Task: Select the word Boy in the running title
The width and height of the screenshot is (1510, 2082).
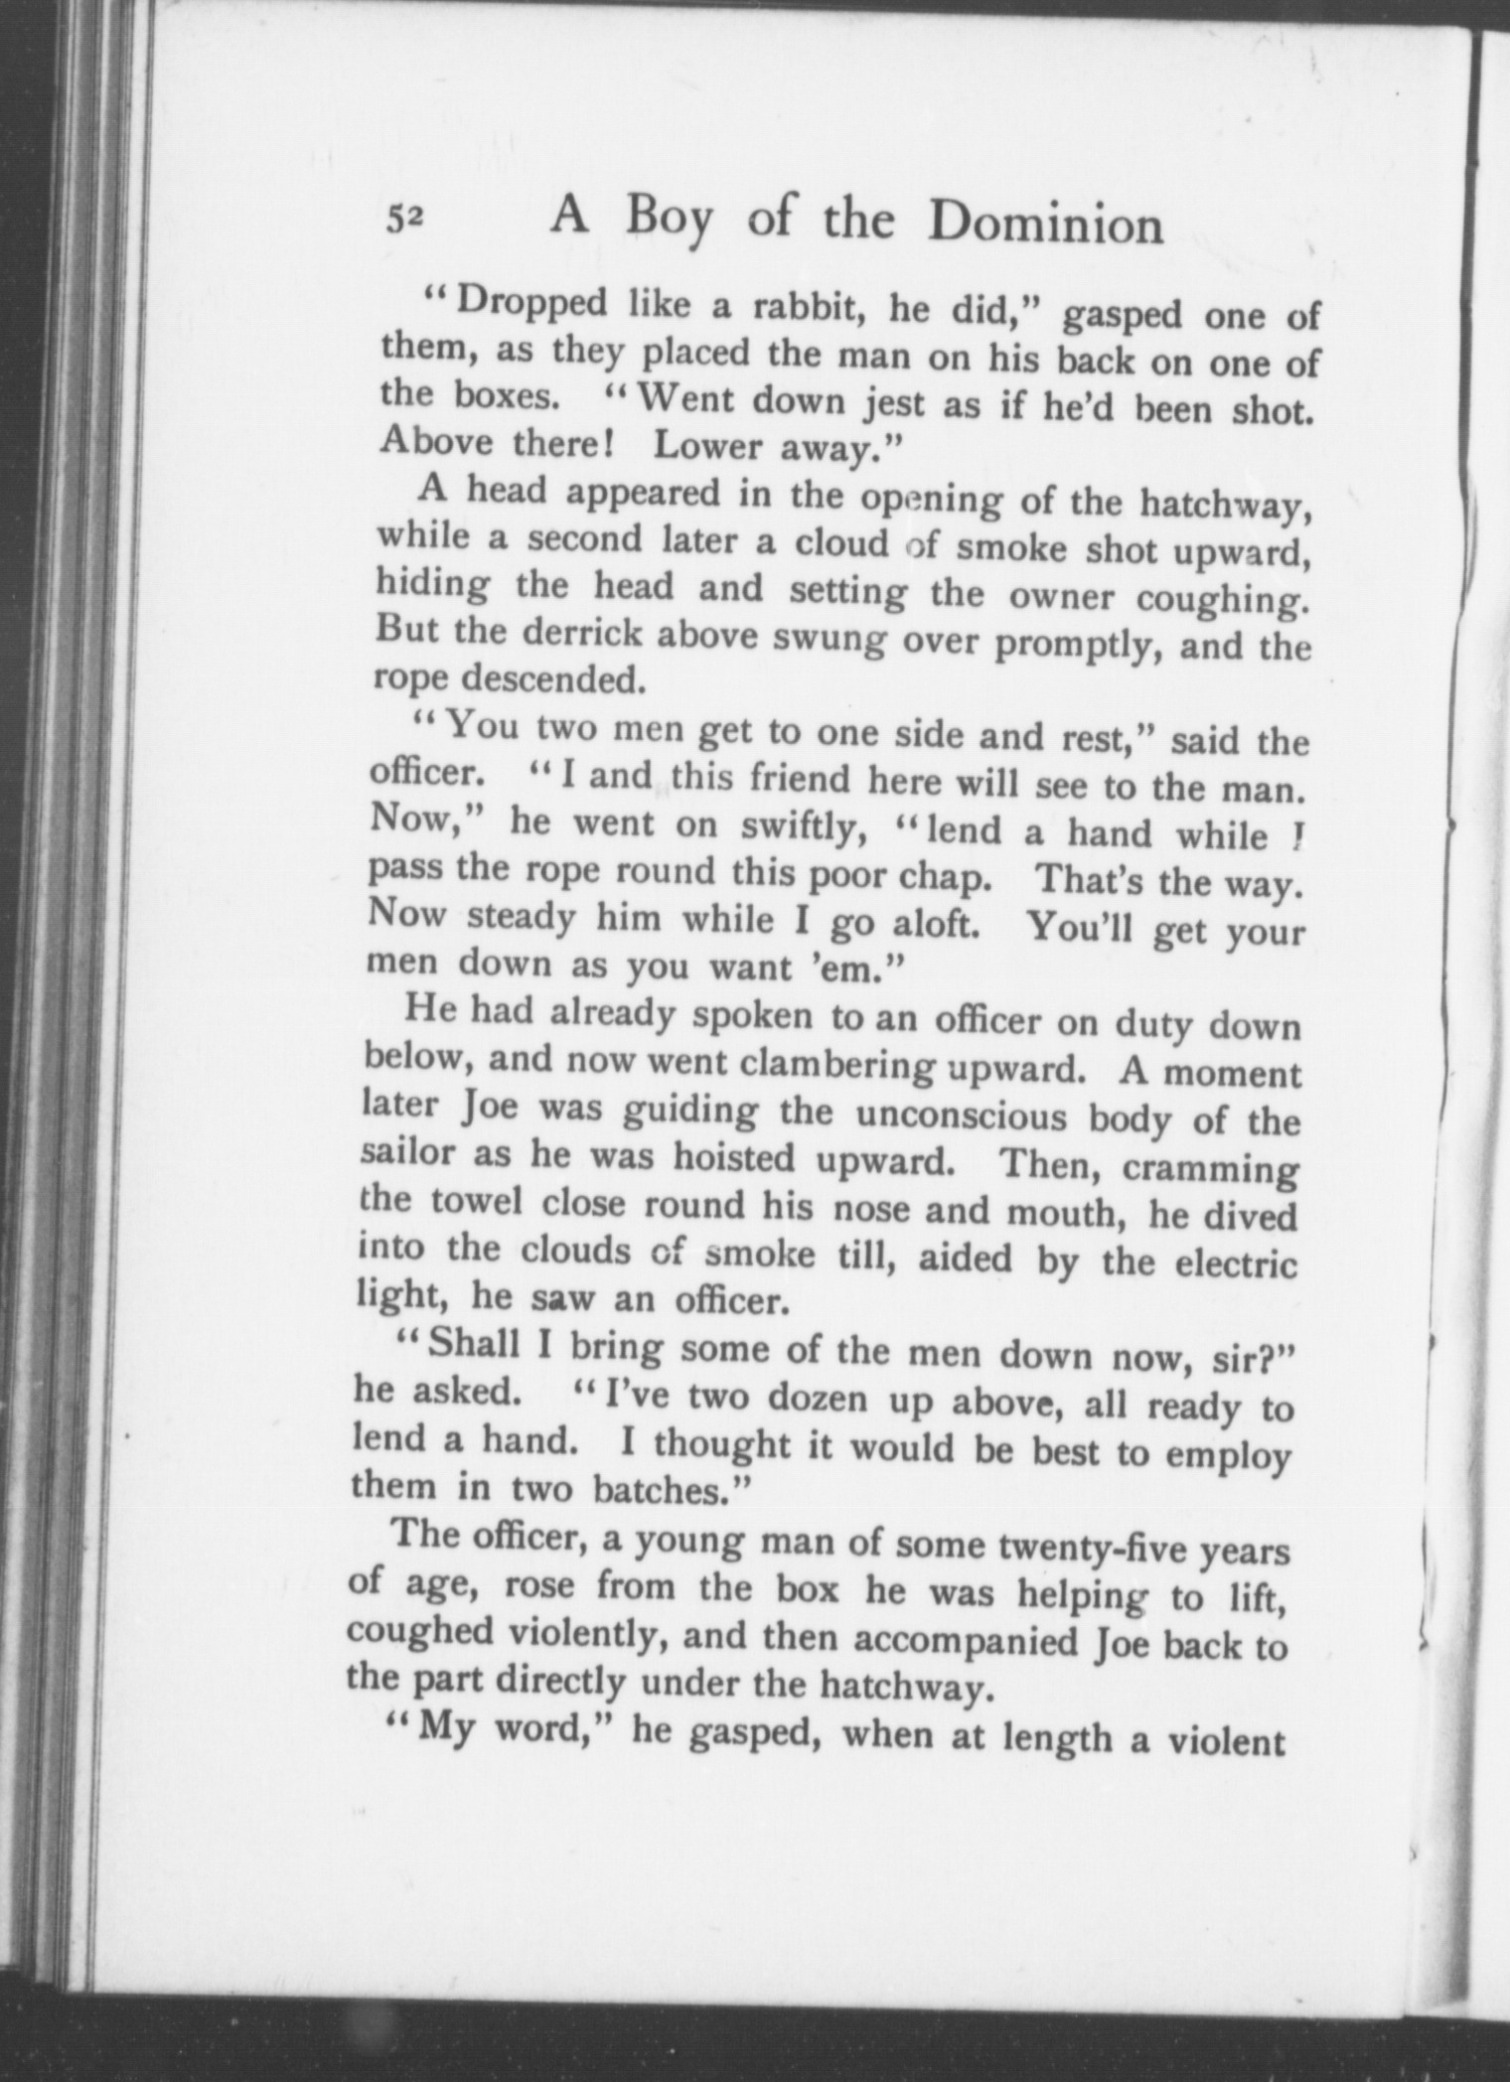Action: click(669, 221)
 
